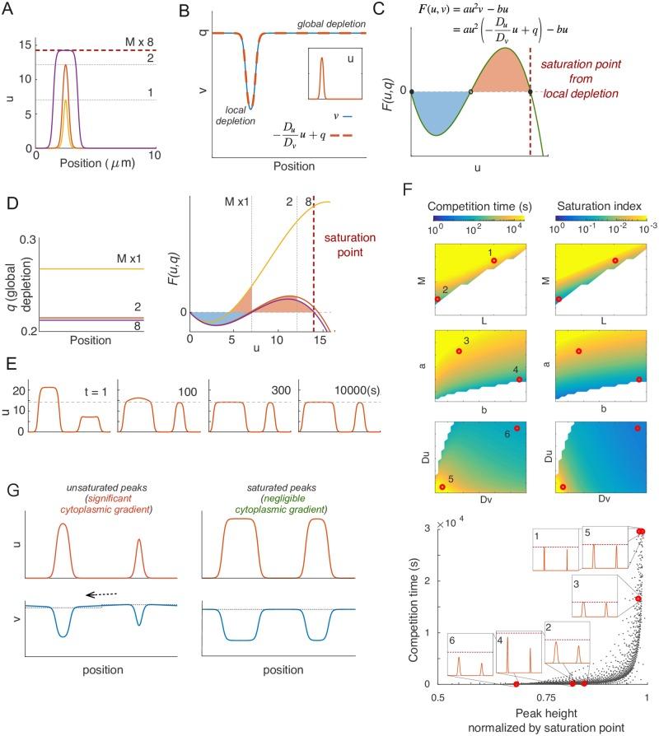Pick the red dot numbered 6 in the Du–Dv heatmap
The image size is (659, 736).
(x=516, y=428)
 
